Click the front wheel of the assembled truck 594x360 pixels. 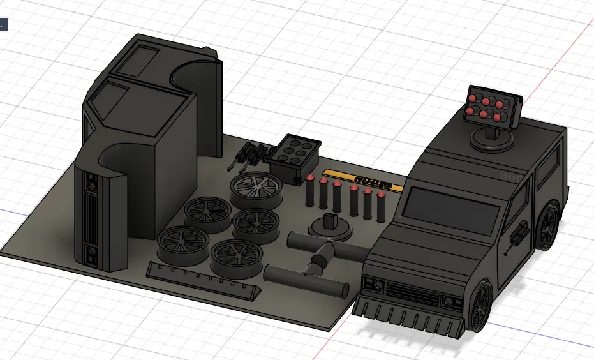[x=482, y=306]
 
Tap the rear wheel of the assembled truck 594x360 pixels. [x=549, y=227]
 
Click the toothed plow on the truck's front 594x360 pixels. [x=408, y=315]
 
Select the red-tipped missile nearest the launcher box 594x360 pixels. [x=309, y=190]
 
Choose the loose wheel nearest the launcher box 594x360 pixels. [x=256, y=188]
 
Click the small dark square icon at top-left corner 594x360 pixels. [x=3, y=25]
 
